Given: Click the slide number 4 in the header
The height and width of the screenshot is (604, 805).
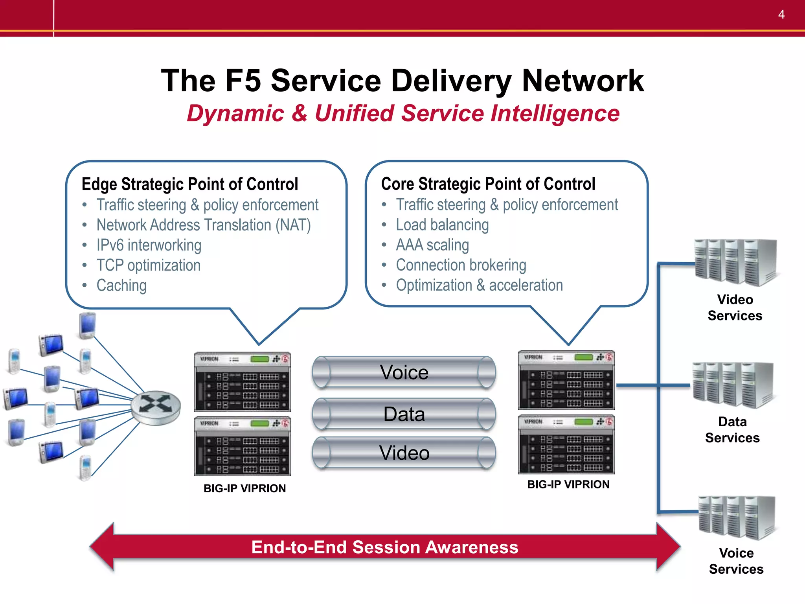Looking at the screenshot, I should pos(781,15).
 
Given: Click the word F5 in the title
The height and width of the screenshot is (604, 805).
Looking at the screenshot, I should pos(243,81).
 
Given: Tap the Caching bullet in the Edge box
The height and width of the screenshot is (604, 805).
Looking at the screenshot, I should pos(121,285).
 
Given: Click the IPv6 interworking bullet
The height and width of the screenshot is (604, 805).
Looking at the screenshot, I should pos(149,245).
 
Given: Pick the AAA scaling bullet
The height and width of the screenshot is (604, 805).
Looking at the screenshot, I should pos(432,245).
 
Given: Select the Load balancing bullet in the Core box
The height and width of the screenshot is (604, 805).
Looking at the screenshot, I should pos(442,225).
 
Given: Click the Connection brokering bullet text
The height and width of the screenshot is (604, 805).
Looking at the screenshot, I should pos(461,265).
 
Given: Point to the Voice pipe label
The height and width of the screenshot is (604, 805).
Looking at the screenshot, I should pos(404,372).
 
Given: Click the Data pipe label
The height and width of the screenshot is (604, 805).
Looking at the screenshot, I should pos(404,414).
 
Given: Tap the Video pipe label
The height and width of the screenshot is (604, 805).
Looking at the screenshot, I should pos(404,453).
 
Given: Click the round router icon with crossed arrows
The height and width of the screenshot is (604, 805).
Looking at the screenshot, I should pos(156,407).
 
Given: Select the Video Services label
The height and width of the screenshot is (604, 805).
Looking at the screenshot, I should pos(735,308).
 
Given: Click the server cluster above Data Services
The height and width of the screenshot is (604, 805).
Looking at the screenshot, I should pos(732,385).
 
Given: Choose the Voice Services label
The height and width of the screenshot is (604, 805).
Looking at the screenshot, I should pos(736,561).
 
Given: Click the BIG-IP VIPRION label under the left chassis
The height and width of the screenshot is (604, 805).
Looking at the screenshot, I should pos(244,488).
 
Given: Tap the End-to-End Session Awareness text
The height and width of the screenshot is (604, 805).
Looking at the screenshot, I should pos(384,547).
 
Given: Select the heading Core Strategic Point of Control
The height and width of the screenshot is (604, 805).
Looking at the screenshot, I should pos(488,184).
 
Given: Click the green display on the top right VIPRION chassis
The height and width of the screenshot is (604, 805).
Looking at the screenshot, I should pos(583,357).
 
